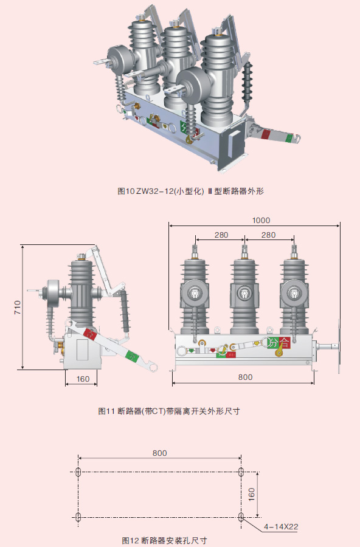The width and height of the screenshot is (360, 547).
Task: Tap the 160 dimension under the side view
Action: tap(83, 379)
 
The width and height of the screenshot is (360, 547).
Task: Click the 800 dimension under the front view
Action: tap(244, 377)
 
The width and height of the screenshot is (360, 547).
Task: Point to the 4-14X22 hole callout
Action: tap(281, 527)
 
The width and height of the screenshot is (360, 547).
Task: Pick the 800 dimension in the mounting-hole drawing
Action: tap(159, 453)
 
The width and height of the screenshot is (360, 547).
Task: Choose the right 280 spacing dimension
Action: tap(268, 235)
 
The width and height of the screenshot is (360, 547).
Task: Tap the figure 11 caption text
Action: tap(169, 411)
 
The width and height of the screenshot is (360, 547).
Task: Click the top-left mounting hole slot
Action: tap(78, 472)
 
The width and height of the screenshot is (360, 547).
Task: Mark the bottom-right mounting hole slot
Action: tap(241, 517)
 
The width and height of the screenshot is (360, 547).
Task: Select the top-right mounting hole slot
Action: tap(241, 472)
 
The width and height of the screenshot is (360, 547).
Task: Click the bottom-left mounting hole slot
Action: tap(78, 517)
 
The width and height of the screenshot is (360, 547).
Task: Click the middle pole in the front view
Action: tap(244, 292)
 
